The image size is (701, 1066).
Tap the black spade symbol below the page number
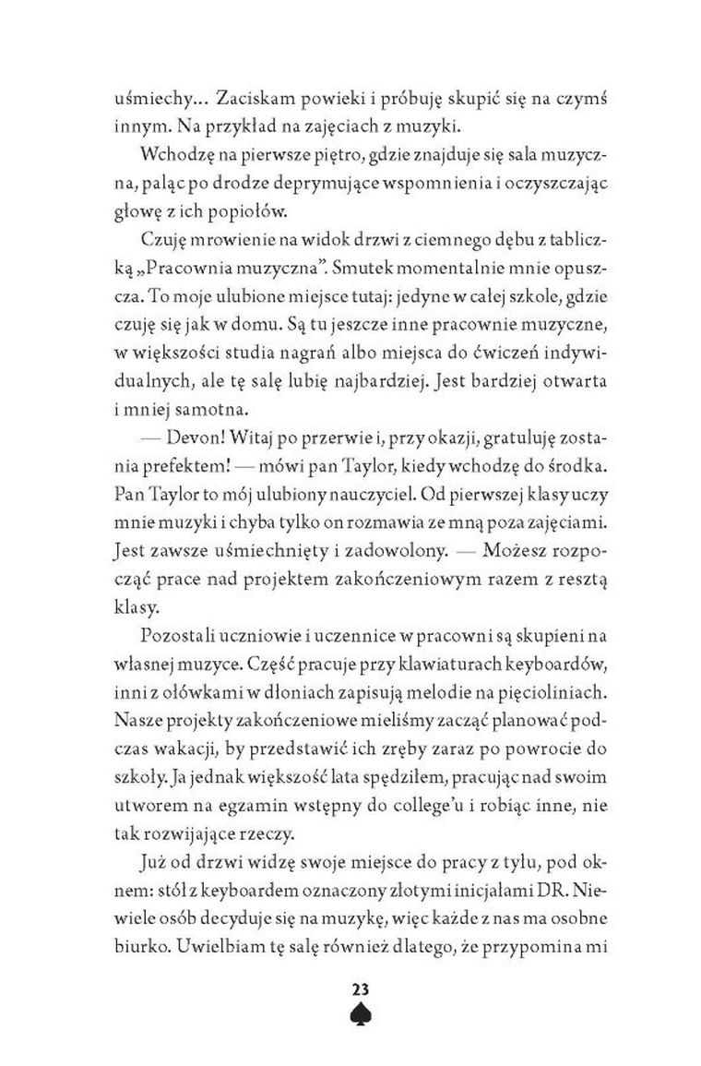click(359, 1016)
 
